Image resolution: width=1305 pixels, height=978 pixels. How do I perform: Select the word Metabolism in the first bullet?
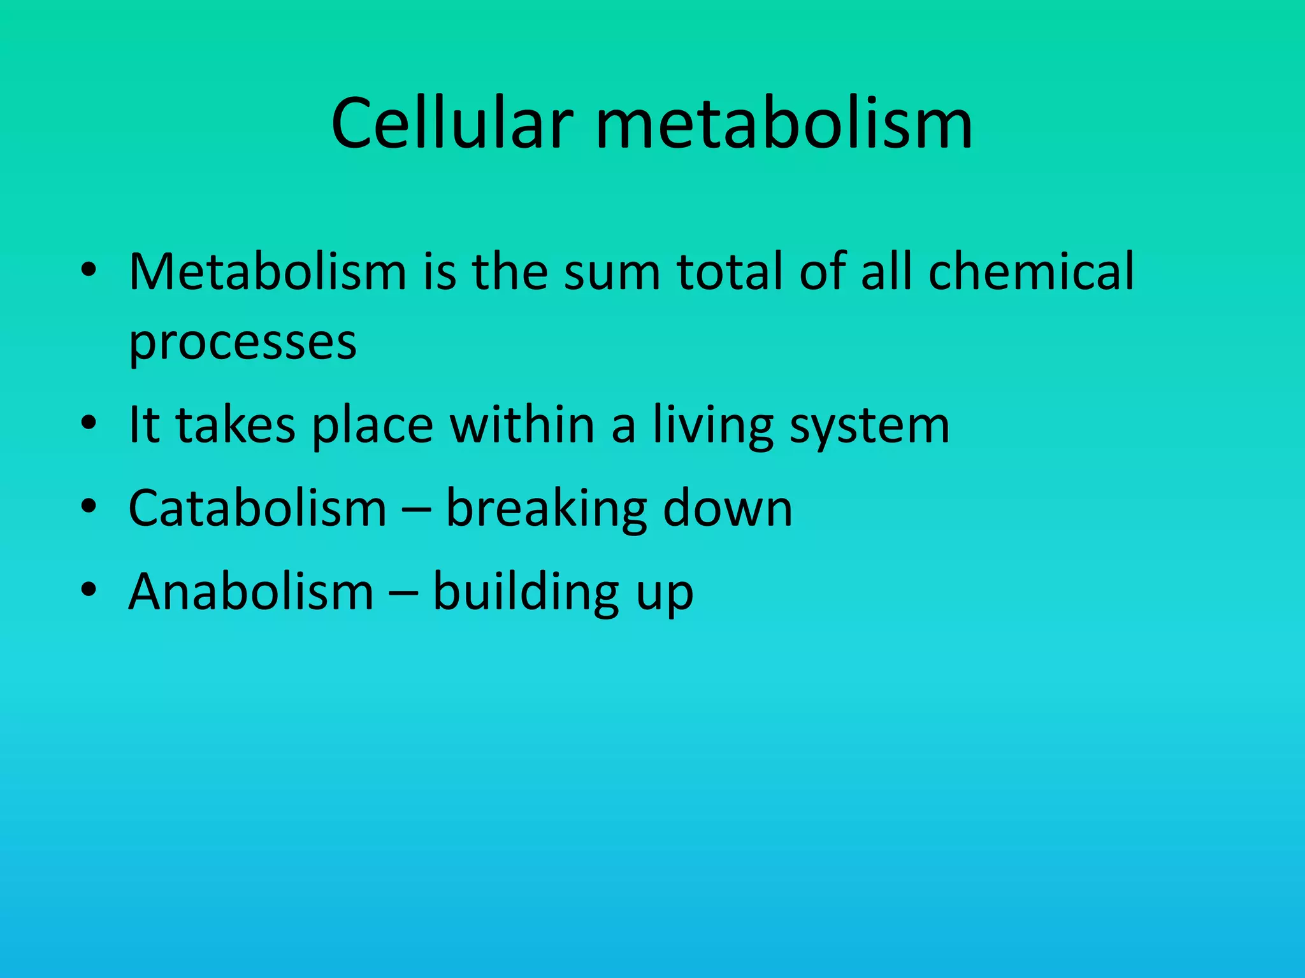[x=268, y=272]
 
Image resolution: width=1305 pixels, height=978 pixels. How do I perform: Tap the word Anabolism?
[x=251, y=592]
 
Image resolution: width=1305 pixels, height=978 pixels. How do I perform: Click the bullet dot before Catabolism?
[x=89, y=506]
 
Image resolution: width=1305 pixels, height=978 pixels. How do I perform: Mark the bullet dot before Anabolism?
[x=89, y=590]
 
